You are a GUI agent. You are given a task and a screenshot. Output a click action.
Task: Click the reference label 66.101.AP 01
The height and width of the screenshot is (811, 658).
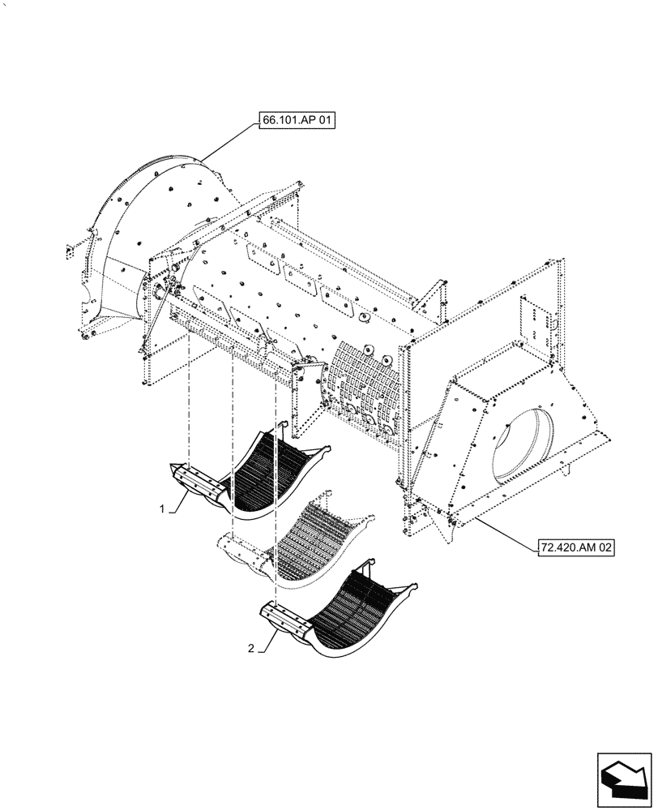pos(297,120)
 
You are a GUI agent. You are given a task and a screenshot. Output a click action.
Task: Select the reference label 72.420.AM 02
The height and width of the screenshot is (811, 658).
pos(575,549)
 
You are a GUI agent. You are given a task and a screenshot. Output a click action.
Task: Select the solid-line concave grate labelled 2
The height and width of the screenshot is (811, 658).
pos(348,616)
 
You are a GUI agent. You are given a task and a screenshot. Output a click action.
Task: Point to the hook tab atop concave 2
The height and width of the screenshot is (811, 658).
pos(370,564)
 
